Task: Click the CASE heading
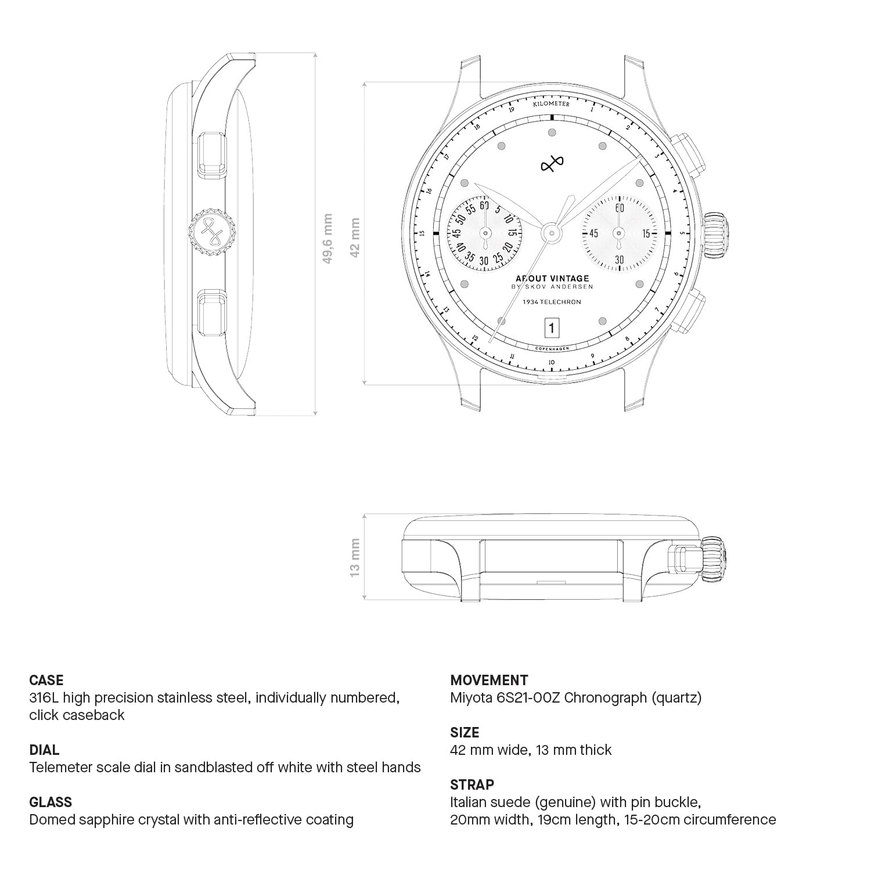click(46, 680)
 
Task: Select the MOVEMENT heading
click(489, 680)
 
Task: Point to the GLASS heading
click(51, 802)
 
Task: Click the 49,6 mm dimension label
click(327, 239)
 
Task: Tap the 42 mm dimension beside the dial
click(355, 236)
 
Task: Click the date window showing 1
click(551, 329)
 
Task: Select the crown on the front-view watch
click(716, 234)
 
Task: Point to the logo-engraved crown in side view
click(213, 232)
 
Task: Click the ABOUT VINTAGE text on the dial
click(552, 279)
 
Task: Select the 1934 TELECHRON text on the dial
click(552, 302)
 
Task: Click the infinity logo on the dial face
click(552, 165)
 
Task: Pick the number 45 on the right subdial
click(593, 233)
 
